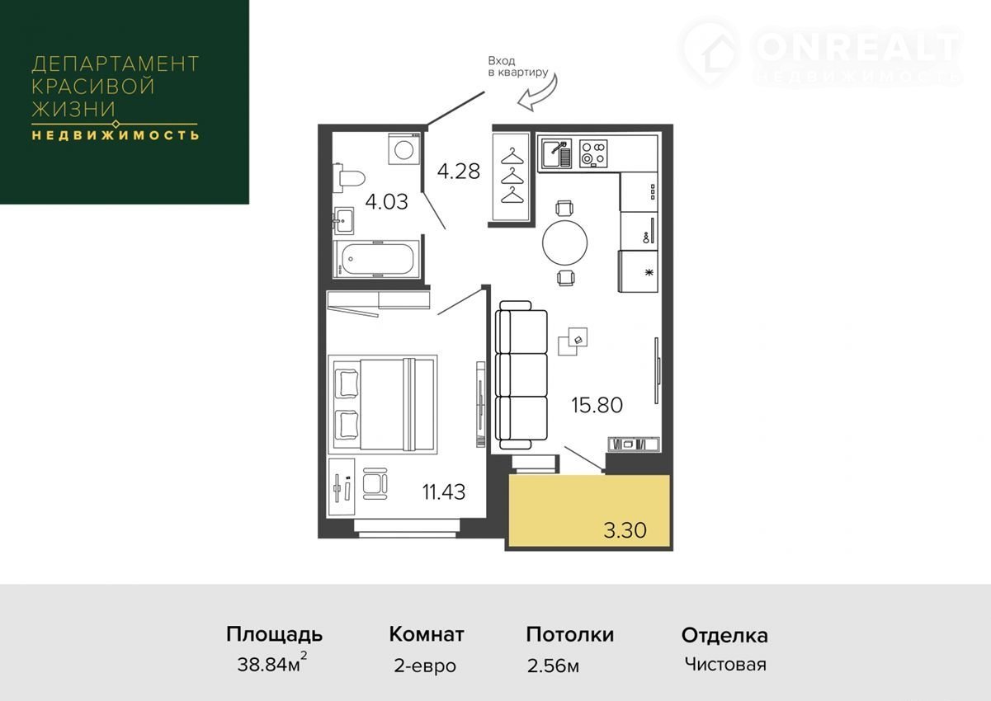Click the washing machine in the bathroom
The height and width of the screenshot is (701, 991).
pyautogui.click(x=404, y=148)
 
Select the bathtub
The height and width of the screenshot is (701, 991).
pyautogui.click(x=376, y=260)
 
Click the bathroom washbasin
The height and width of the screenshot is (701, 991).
pyautogui.click(x=344, y=220)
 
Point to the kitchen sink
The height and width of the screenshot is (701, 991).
pyautogui.click(x=554, y=153)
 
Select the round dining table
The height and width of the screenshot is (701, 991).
pyautogui.click(x=565, y=242)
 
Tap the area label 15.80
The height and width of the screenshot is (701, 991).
pyautogui.click(x=597, y=405)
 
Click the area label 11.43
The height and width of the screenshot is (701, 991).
pyautogui.click(x=444, y=492)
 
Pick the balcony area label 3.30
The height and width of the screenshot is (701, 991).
pyautogui.click(x=625, y=529)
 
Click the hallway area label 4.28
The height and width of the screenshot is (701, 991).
pyautogui.click(x=458, y=172)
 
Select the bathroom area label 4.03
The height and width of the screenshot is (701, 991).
pyautogui.click(x=386, y=202)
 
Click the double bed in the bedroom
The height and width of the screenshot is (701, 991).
pyautogui.click(x=383, y=404)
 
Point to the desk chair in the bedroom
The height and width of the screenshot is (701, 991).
pyautogui.click(x=375, y=484)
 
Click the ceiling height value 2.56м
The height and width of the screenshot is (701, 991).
pyautogui.click(x=553, y=666)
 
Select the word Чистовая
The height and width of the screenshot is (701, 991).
pyautogui.click(x=725, y=664)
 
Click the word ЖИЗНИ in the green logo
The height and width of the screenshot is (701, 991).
pyautogui.click(x=73, y=109)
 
